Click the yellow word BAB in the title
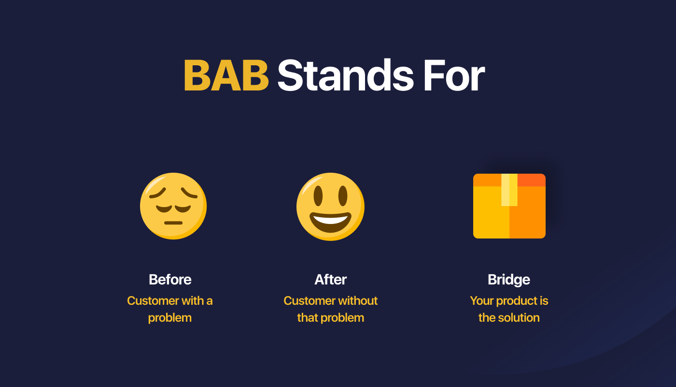coord(226,75)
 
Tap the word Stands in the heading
coord(345,75)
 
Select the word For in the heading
coord(454,75)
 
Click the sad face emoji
coord(173,206)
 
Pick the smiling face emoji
coord(330,207)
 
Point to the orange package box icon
coord(509,206)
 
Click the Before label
coord(170,280)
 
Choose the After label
coord(330,280)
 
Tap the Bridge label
coord(509,280)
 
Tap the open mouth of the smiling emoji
coord(330,222)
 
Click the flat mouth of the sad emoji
coord(173,223)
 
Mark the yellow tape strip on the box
coord(509,190)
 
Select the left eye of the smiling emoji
coord(318,195)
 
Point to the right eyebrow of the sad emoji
coord(189,193)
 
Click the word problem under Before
coord(170,318)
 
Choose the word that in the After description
coord(308,318)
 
